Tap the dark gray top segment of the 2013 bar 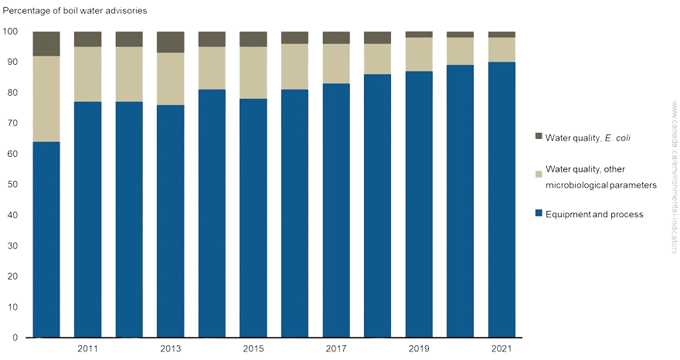pyautogui.click(x=170, y=42)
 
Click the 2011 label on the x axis pyautogui.click(x=87, y=349)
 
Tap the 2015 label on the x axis pyautogui.click(x=253, y=349)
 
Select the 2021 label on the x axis pyautogui.click(x=501, y=349)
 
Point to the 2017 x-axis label pyautogui.click(x=336, y=349)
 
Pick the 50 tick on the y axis pyautogui.click(x=13, y=185)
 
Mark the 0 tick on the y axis pyautogui.click(x=15, y=338)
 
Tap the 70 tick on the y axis pyautogui.click(x=13, y=124)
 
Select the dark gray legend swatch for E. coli pyautogui.click(x=539, y=137)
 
